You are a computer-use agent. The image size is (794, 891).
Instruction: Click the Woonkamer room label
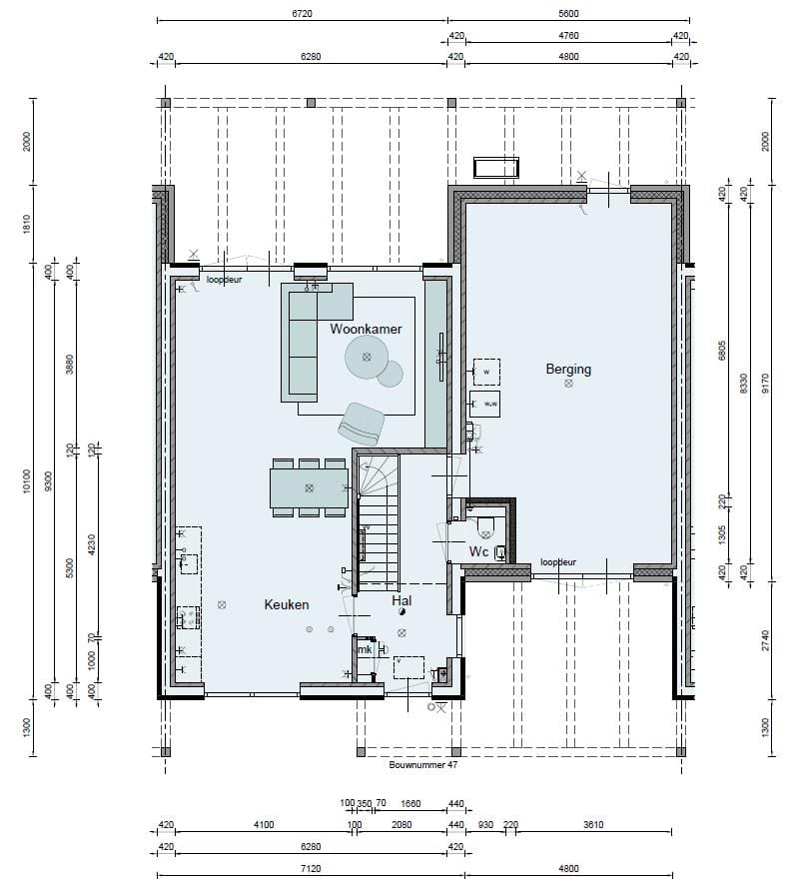coord(366,329)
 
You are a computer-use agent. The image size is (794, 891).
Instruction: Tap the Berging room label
coord(568,369)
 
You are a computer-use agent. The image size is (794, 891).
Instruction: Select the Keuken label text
coord(287,604)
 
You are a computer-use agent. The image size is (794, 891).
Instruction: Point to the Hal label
coord(401,601)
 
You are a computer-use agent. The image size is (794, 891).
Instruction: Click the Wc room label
coord(478,551)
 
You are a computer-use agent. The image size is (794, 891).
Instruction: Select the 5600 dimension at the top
coord(569,14)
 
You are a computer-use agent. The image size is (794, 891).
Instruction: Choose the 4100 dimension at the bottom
coord(264,825)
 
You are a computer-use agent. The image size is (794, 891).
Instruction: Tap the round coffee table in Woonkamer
coord(368,357)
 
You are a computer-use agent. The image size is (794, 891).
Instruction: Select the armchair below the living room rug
coord(361,423)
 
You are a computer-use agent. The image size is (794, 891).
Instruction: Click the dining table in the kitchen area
coord(309,487)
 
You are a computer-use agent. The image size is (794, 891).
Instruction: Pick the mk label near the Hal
coord(366,649)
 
